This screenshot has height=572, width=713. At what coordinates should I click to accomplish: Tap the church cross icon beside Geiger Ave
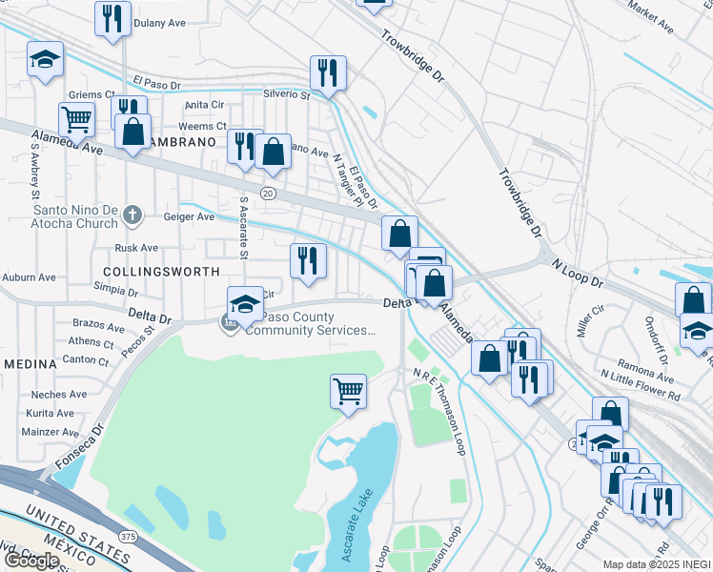134,216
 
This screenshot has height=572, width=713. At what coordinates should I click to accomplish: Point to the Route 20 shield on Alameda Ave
268,194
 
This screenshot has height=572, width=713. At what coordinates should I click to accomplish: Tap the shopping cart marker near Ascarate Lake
349,391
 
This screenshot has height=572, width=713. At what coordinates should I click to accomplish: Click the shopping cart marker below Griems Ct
76,119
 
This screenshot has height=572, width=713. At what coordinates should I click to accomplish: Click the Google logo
31,561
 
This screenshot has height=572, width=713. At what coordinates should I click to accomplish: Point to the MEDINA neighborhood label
31,364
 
